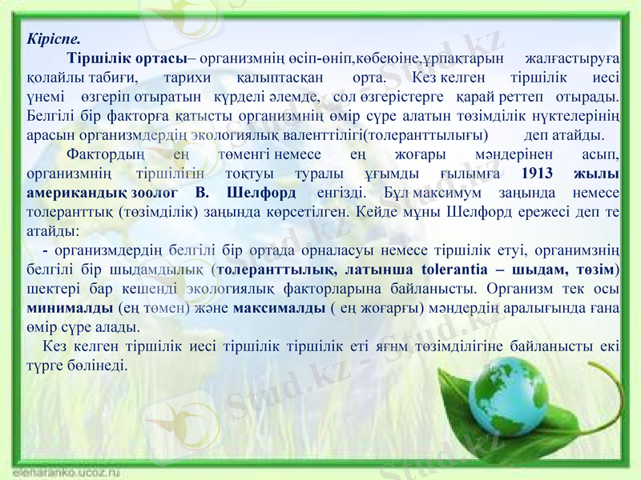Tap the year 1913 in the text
click(x=538, y=174)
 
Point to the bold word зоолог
click(x=155, y=193)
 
